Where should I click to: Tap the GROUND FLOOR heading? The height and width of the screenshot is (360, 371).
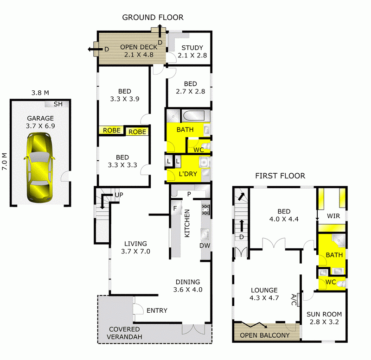pos(153,18)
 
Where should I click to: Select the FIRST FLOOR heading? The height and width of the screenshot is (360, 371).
pos(280,176)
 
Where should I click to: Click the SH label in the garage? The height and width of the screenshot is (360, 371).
pos(58,104)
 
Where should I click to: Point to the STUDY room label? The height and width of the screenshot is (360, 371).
pos(192,47)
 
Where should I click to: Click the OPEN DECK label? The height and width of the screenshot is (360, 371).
pos(138,47)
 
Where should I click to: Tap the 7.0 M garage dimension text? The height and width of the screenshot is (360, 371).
pos(5,162)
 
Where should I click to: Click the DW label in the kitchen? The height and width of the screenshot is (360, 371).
pos(204,246)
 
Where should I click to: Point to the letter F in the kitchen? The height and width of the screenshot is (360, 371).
pos(176,208)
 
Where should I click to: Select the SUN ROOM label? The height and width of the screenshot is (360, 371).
pos(324,314)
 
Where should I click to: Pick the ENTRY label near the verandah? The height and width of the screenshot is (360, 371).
pos(157,310)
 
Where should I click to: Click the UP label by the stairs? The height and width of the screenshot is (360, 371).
pos(119,195)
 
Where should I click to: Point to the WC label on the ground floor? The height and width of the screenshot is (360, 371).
pos(198,150)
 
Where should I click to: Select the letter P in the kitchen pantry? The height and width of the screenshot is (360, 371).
pos(189,194)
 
